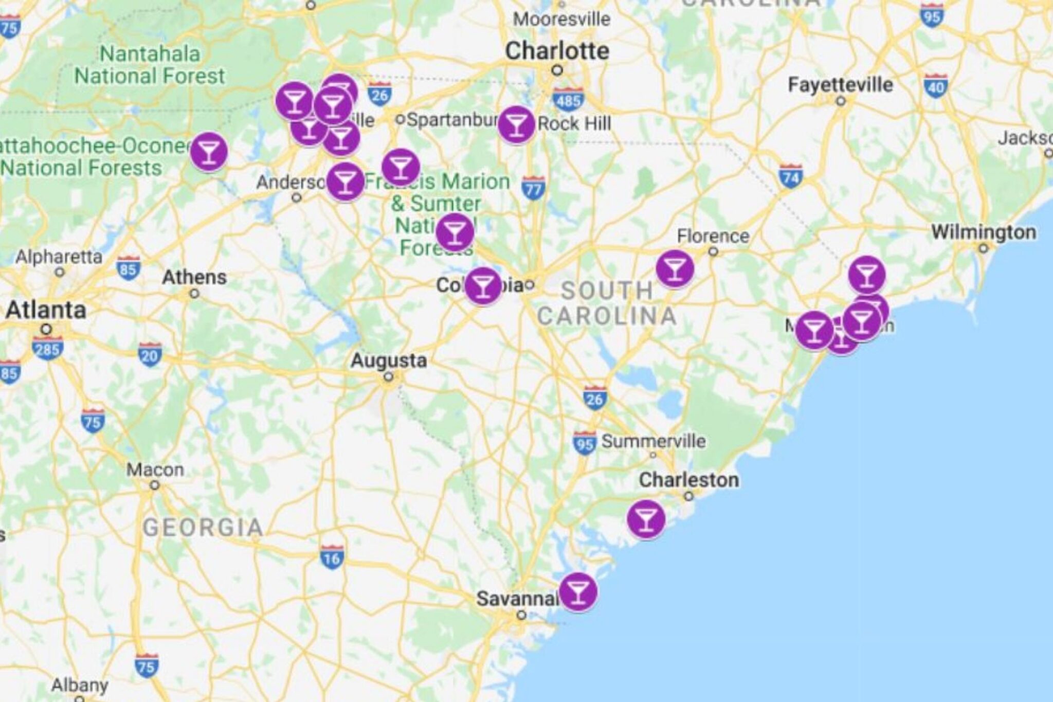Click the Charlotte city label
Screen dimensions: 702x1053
557,51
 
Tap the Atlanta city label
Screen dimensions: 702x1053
46,310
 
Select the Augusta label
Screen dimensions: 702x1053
389,361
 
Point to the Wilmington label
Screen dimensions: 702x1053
984,232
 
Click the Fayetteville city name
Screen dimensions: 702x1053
840,85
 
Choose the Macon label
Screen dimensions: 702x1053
155,470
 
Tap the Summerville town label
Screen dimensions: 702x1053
653,441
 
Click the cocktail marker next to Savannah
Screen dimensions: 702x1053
578,591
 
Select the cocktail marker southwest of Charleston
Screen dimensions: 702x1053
646,518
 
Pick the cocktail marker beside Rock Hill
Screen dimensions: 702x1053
516,124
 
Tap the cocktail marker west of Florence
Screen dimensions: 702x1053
675,268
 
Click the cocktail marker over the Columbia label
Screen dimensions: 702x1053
483,286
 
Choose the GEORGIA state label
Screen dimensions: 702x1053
203,528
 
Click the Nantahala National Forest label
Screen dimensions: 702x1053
150,65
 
